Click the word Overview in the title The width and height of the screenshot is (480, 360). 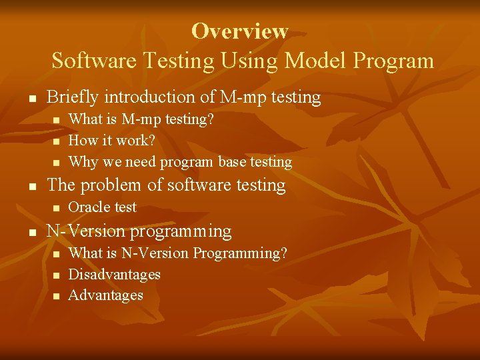tap(239, 31)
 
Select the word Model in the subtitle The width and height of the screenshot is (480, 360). tap(312, 61)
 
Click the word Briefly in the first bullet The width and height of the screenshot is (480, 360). tap(71, 97)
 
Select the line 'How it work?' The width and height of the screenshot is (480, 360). tap(111, 141)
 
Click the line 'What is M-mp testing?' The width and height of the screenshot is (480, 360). tap(141, 120)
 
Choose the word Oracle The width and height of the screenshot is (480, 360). tap(89, 207)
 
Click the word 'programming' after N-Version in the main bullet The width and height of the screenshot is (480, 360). tap(181, 231)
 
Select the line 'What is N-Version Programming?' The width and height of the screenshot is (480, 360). tap(178, 253)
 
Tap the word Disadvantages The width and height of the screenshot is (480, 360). tap(115, 274)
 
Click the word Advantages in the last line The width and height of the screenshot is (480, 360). tap(106, 295)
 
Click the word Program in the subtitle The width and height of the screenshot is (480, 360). tap(393, 61)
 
